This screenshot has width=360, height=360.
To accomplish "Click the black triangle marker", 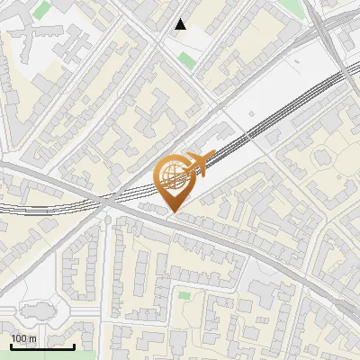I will [x=182, y=25].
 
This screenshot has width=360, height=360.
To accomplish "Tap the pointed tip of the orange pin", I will [x=173, y=212].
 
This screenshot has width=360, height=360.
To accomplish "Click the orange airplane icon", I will [x=200, y=163].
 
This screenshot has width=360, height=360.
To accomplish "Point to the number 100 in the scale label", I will [x=18, y=338].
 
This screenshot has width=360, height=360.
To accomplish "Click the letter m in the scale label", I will [x=32, y=338].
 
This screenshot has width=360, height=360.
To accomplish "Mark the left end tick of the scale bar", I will [x=11, y=346].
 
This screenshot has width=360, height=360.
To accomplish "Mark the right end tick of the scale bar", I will [x=74, y=346].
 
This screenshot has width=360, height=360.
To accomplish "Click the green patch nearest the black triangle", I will [x=186, y=60].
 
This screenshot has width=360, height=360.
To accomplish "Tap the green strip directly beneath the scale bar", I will [x=40, y=354].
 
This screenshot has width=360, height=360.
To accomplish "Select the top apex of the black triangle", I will [x=182, y=20].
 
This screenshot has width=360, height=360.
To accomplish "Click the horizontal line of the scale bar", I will [x=42, y=346].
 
